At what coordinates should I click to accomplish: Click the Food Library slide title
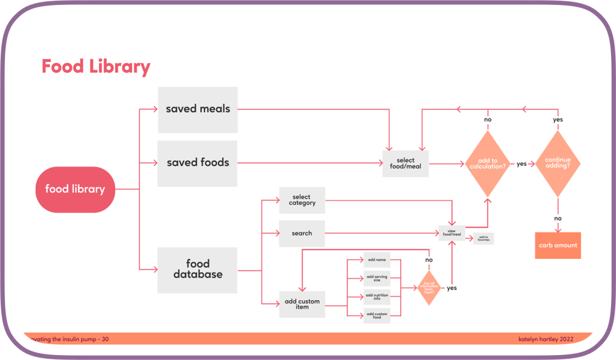(95, 67)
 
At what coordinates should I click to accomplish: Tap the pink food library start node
(75, 189)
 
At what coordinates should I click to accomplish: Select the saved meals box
(198, 109)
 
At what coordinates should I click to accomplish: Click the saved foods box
(198, 163)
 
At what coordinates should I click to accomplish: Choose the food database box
(198, 269)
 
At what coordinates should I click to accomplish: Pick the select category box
(302, 200)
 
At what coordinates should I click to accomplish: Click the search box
(302, 234)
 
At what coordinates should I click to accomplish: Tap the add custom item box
(302, 305)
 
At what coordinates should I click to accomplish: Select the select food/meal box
(405, 164)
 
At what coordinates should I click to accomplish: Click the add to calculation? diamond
(487, 164)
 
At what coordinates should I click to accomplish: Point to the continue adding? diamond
(557, 164)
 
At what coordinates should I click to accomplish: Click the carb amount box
(557, 245)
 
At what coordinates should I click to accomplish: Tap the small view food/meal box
(452, 233)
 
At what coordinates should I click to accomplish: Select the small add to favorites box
(484, 238)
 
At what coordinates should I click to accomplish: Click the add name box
(376, 260)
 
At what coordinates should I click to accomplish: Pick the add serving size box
(376, 279)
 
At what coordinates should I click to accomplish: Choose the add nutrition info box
(376, 297)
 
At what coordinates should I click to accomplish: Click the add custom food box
(376, 316)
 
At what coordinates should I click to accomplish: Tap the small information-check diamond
(429, 287)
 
